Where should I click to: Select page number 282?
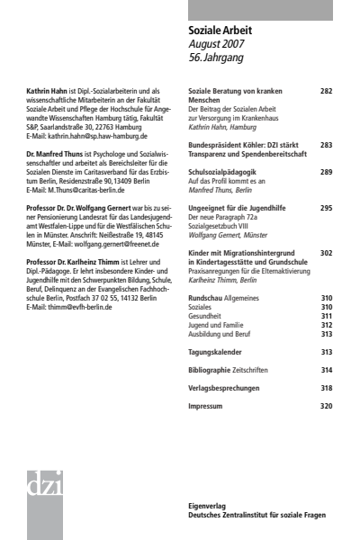click(x=326, y=92)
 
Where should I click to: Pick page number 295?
click(x=326, y=206)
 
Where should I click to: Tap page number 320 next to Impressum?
click(x=326, y=406)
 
